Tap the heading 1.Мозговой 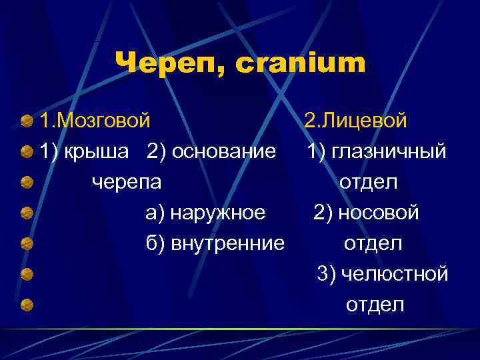pyautogui.click(x=95, y=121)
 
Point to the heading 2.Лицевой pyautogui.click(x=355, y=121)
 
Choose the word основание pyautogui.click(x=224, y=152)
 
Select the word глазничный pyautogui.click(x=390, y=152)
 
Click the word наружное pyautogui.click(x=218, y=213)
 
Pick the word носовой pyautogui.click(x=379, y=213)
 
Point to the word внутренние pyautogui.click(x=227, y=243)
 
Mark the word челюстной pyautogui.click(x=393, y=274)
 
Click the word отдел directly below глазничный pyautogui.click(x=369, y=182)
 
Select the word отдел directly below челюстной pyautogui.click(x=375, y=305)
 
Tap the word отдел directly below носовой pyautogui.click(x=373, y=243)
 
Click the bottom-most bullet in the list pyautogui.click(x=27, y=305)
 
